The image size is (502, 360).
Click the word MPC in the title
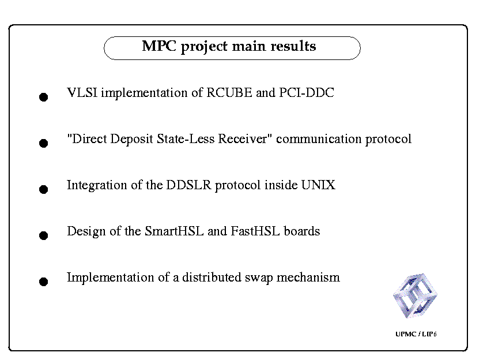pyautogui.click(x=159, y=46)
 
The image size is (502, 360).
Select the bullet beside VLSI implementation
pyautogui.click(x=44, y=97)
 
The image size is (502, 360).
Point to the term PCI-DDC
pyautogui.click(x=307, y=93)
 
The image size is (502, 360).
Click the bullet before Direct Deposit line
pyautogui.click(x=44, y=143)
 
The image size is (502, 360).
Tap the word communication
pyautogui.click(x=319, y=139)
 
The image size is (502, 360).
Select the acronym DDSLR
pyautogui.click(x=188, y=185)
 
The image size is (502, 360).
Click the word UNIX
pyautogui.click(x=318, y=185)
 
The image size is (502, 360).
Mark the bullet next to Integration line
pyautogui.click(x=44, y=189)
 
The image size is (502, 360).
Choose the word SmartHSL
pyautogui.click(x=174, y=231)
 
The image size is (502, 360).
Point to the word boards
pyautogui.click(x=302, y=231)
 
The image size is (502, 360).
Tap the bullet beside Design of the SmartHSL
pyautogui.click(x=44, y=235)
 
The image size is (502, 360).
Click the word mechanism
pyautogui.click(x=308, y=277)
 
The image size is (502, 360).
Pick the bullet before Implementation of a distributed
pyautogui.click(x=44, y=282)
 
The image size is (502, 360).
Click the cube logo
pyautogui.click(x=415, y=295)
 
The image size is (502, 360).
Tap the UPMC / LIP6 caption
pyautogui.click(x=416, y=334)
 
